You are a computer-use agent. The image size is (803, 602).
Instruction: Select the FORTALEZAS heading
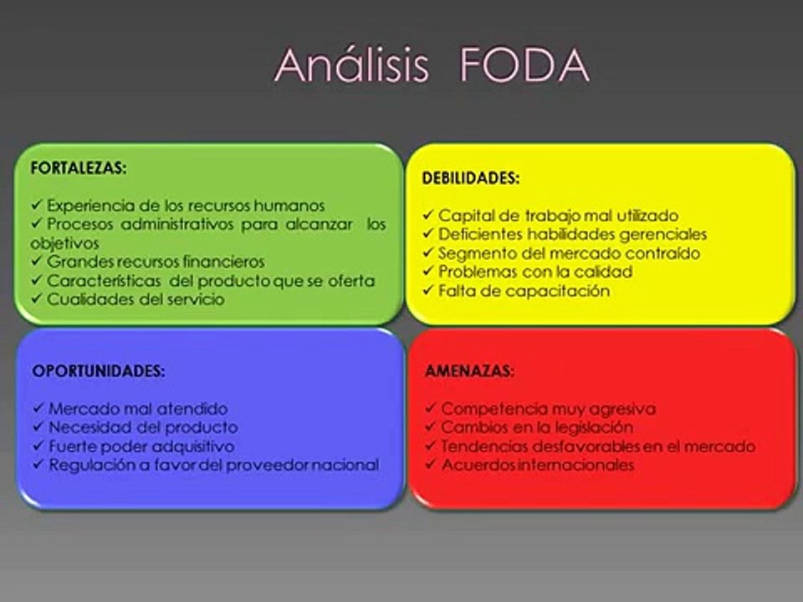[x=79, y=167]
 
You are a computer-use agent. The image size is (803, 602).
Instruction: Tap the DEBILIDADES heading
[x=471, y=178]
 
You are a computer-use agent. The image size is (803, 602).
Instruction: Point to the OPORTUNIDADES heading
[x=98, y=371]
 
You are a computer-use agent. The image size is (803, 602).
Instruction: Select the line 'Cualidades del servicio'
[x=135, y=298]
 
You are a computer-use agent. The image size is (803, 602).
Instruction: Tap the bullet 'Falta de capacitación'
[x=524, y=291]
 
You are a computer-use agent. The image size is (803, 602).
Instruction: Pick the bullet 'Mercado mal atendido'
[x=137, y=409]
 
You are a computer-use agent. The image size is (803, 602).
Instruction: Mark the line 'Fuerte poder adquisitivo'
[x=141, y=446]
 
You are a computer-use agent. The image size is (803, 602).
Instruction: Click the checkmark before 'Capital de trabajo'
[x=427, y=215]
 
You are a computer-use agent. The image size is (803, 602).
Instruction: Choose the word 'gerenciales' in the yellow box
[x=665, y=234]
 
